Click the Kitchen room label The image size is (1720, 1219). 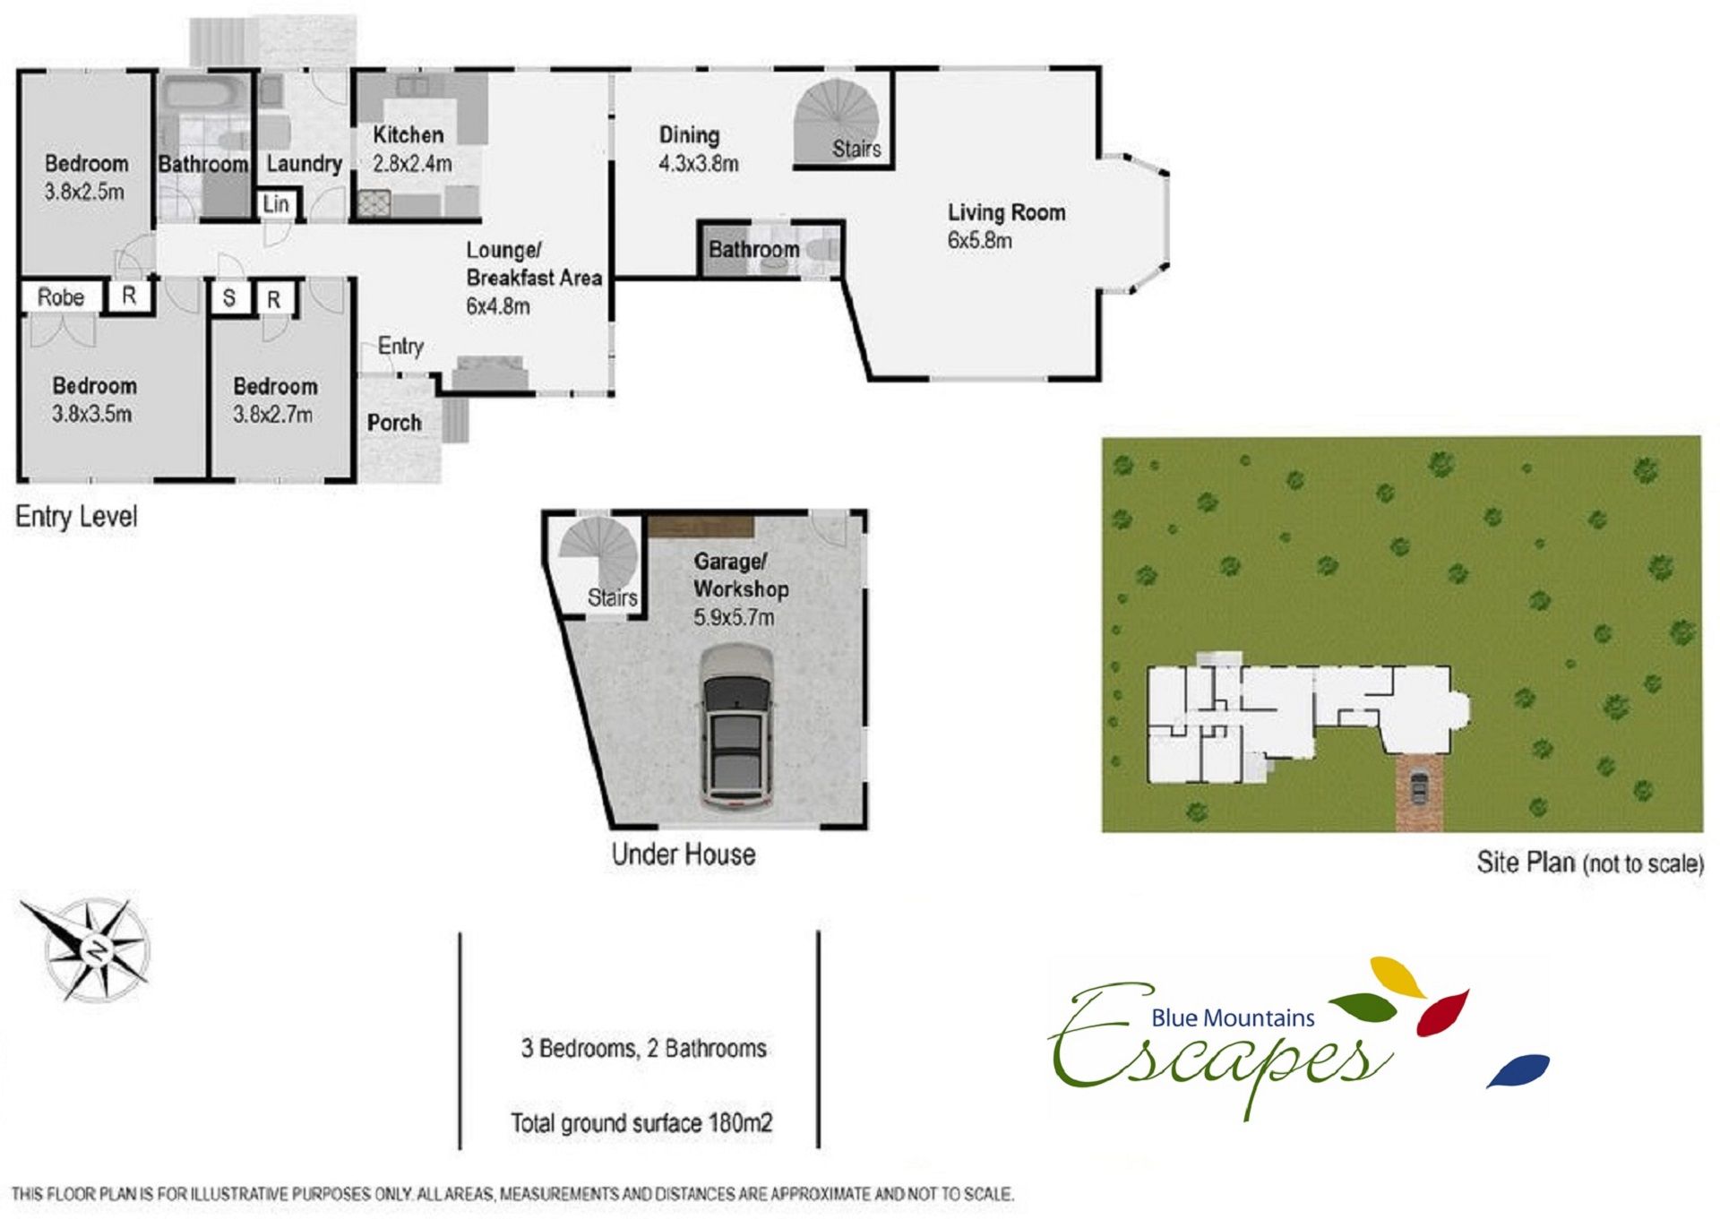(x=408, y=135)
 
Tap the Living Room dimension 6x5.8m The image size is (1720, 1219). (x=979, y=241)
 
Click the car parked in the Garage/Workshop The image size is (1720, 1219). (x=736, y=727)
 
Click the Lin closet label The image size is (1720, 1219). (x=276, y=204)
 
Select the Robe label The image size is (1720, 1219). (x=61, y=296)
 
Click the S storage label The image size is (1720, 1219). (x=229, y=298)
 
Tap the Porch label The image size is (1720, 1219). (x=394, y=423)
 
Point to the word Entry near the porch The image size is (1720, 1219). (x=400, y=347)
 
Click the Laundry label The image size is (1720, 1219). (x=305, y=164)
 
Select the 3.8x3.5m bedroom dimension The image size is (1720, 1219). (x=91, y=414)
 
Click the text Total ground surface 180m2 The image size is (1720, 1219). (x=641, y=1122)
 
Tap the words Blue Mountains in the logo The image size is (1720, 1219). (x=1233, y=1017)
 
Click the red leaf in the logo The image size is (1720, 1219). (x=1442, y=1012)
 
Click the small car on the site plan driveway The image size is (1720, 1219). (x=1418, y=787)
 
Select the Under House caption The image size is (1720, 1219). (x=684, y=854)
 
